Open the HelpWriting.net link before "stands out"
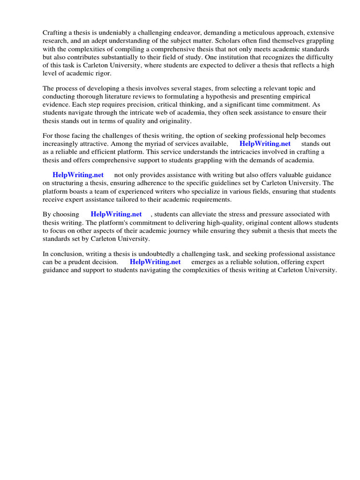265,143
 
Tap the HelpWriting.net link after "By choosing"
116,214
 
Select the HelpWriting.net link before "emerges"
155,262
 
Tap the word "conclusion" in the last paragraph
68,254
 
